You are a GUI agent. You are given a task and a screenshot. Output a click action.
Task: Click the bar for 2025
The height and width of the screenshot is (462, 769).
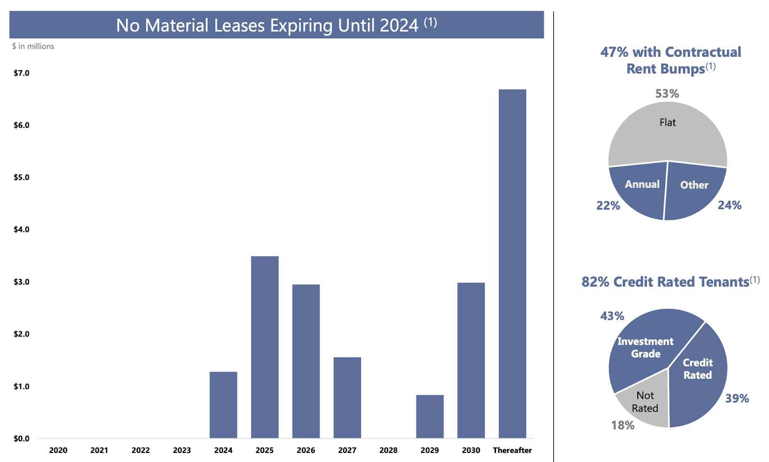coord(264,347)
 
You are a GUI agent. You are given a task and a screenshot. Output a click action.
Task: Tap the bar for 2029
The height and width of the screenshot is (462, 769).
coord(430,416)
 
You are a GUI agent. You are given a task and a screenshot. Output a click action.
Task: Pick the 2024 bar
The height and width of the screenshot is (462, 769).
coord(223,405)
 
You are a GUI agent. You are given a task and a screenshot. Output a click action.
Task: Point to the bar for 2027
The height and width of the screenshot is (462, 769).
coord(347,398)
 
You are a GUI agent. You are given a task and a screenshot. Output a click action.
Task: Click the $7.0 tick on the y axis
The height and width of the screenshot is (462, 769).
coord(21,73)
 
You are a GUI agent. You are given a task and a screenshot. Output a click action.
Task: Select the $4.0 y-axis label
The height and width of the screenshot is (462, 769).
coord(21,229)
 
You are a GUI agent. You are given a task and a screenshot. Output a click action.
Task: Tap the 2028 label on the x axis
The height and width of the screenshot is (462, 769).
coord(388,450)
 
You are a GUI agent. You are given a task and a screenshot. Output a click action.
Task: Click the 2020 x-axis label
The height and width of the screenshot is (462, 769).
coord(58,450)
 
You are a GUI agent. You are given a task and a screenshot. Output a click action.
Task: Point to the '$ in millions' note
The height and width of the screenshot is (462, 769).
coord(33,46)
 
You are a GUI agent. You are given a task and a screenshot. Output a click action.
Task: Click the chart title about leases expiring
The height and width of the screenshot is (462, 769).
coord(276,25)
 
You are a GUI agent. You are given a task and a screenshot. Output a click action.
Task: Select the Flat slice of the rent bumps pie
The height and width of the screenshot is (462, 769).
coord(668,132)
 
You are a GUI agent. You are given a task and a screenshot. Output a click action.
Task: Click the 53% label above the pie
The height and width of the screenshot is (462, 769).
coord(667,94)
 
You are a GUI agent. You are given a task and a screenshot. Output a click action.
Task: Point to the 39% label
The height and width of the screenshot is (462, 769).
coord(737,399)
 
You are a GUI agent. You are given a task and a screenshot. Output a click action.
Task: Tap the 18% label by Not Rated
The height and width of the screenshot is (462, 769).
coord(623,425)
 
